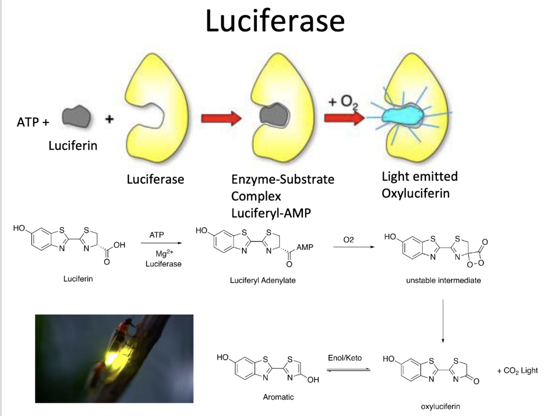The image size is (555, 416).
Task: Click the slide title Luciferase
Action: [275, 22]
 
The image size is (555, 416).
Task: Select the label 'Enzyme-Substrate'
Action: [282, 179]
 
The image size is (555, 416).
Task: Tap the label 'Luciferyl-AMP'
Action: [271, 213]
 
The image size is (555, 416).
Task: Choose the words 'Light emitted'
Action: [420, 176]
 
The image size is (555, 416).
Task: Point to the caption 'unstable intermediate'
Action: [443, 280]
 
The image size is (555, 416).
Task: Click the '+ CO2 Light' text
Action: [517, 370]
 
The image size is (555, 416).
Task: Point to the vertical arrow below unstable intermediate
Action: [443, 320]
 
